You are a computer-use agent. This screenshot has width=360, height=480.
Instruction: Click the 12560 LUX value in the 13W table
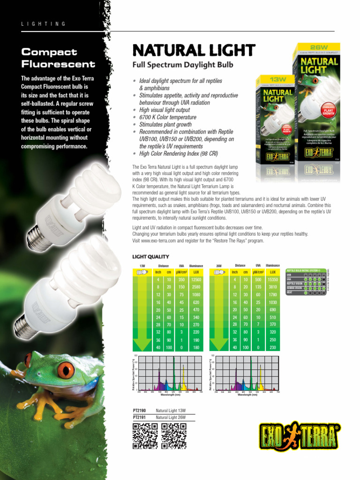pyautogui.click(x=196, y=280)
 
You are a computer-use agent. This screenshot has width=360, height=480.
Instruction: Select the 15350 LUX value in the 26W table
pyautogui.click(x=273, y=280)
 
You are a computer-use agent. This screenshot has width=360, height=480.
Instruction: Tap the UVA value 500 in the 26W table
pyautogui.click(x=258, y=280)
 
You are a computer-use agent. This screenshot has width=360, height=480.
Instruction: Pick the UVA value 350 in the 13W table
pyautogui.click(x=181, y=280)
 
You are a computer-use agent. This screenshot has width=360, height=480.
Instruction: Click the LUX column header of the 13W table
pyautogui.click(x=196, y=272)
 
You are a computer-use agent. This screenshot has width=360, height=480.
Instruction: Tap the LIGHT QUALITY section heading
pyautogui.click(x=150, y=256)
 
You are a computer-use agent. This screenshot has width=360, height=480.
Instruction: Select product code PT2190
pyautogui.click(x=140, y=411)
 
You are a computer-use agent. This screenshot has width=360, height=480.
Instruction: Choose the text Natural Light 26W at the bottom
pyautogui.click(x=171, y=417)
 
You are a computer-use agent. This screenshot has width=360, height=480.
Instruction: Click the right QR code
pyautogui.click(x=174, y=435)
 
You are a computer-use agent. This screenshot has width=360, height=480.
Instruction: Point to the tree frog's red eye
pyautogui.click(x=66, y=370)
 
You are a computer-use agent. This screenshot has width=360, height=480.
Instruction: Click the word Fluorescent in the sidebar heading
pyautogui.click(x=58, y=64)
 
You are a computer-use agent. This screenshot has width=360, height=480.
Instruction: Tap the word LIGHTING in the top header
pyautogui.click(x=43, y=24)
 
